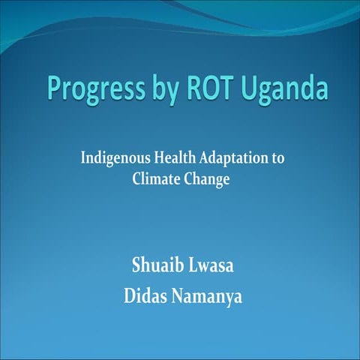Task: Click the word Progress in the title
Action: pyautogui.click(x=90, y=89)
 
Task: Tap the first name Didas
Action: pyautogui.click(x=145, y=295)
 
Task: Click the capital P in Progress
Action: pyautogui.click(x=52, y=88)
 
